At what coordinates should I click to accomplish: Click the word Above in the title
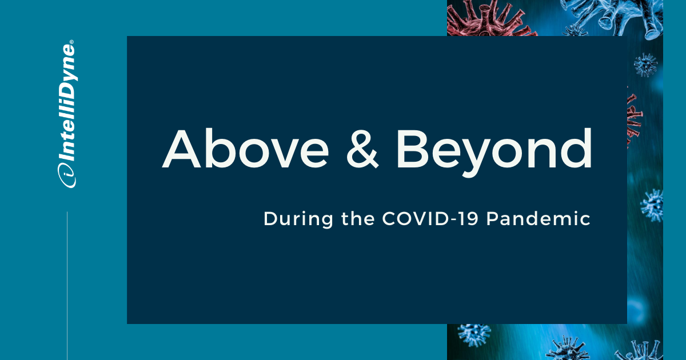click(x=245, y=149)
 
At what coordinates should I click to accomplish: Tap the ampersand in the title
click(x=362, y=149)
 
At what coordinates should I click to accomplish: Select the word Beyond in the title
click(x=494, y=153)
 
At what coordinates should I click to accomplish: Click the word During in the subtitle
click(x=298, y=219)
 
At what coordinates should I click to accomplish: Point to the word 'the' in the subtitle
click(x=358, y=218)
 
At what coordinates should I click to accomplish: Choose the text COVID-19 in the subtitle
click(x=430, y=218)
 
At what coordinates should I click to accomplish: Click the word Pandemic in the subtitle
click(x=539, y=218)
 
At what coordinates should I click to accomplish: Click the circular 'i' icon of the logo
click(x=66, y=175)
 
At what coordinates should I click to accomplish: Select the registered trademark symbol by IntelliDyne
click(x=71, y=42)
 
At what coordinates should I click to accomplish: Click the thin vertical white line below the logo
click(x=67, y=286)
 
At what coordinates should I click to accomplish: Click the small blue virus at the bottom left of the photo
click(x=474, y=335)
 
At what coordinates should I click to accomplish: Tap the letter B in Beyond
click(x=412, y=149)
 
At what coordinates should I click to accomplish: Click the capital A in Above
click(x=181, y=149)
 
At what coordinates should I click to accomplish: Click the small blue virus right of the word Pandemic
click(x=652, y=205)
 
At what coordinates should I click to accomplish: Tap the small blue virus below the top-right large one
click(x=645, y=65)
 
